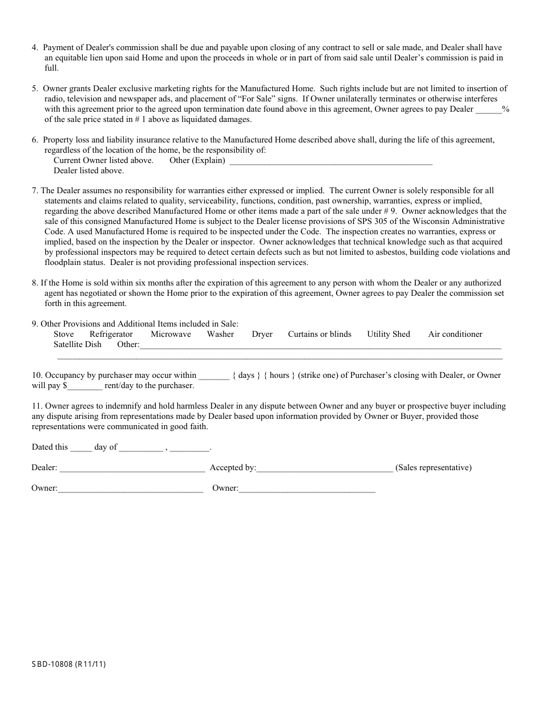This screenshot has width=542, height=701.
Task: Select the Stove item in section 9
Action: [x=63, y=334]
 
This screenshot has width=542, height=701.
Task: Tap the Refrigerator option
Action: [x=111, y=334]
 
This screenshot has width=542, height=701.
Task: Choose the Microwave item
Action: [x=171, y=334]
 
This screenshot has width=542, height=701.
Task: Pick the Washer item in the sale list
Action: [x=220, y=334]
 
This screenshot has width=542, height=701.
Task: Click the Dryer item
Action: [x=262, y=334]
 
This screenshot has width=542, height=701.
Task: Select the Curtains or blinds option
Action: [x=319, y=334]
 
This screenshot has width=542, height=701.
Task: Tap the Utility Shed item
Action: [x=389, y=334]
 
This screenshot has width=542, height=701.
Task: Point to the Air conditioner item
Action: [x=455, y=334]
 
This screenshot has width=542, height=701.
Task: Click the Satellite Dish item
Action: [x=78, y=344]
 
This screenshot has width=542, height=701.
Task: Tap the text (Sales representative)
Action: [x=433, y=468]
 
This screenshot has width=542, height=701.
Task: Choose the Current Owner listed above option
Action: [x=103, y=161]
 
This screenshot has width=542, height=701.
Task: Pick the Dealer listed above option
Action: [x=88, y=170]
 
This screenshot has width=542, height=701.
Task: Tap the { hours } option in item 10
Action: [x=279, y=375]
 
